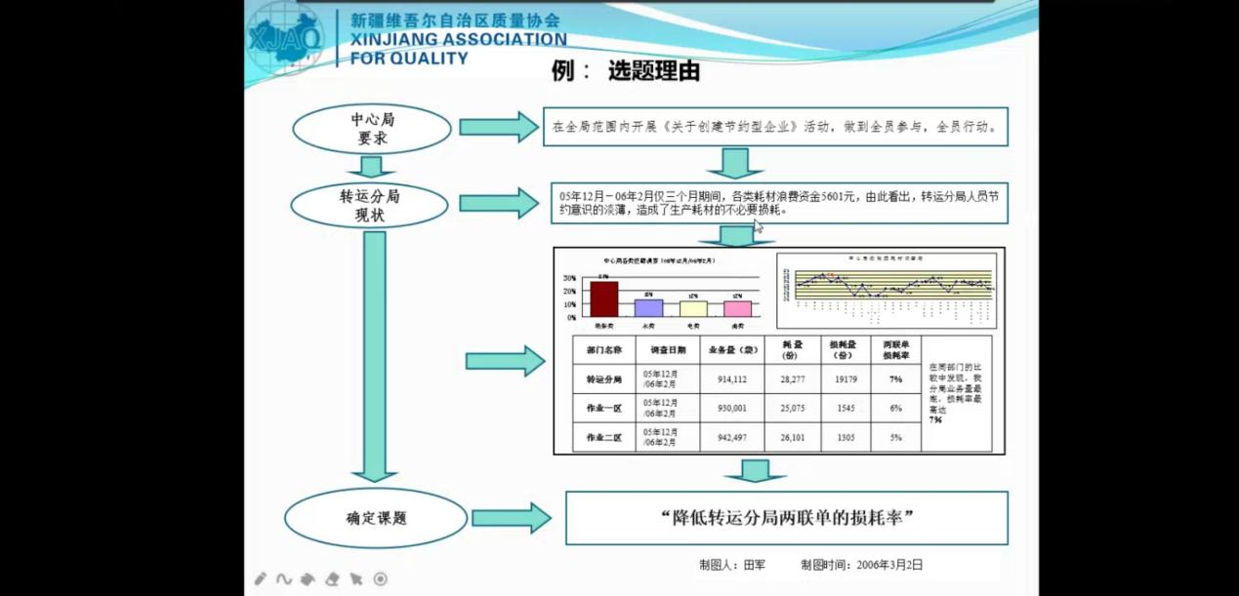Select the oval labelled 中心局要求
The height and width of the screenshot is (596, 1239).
372,129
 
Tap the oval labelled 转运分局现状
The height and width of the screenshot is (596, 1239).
370,205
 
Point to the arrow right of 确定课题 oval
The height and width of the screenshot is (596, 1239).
511,518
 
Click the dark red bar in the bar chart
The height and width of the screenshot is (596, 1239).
603,298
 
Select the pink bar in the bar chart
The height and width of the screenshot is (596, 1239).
737,308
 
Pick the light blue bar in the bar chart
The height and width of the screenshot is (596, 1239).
648,307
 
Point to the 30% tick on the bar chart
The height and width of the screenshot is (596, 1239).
569,278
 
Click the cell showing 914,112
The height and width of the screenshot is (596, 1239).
731,379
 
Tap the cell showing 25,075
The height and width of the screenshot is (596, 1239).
792,409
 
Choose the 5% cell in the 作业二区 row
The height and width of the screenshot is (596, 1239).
895,438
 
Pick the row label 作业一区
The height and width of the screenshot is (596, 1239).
603,409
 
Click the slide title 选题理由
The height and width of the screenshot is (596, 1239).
653,72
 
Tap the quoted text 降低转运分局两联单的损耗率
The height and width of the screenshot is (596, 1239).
786,518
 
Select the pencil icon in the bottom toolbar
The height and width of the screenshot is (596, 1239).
261,579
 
